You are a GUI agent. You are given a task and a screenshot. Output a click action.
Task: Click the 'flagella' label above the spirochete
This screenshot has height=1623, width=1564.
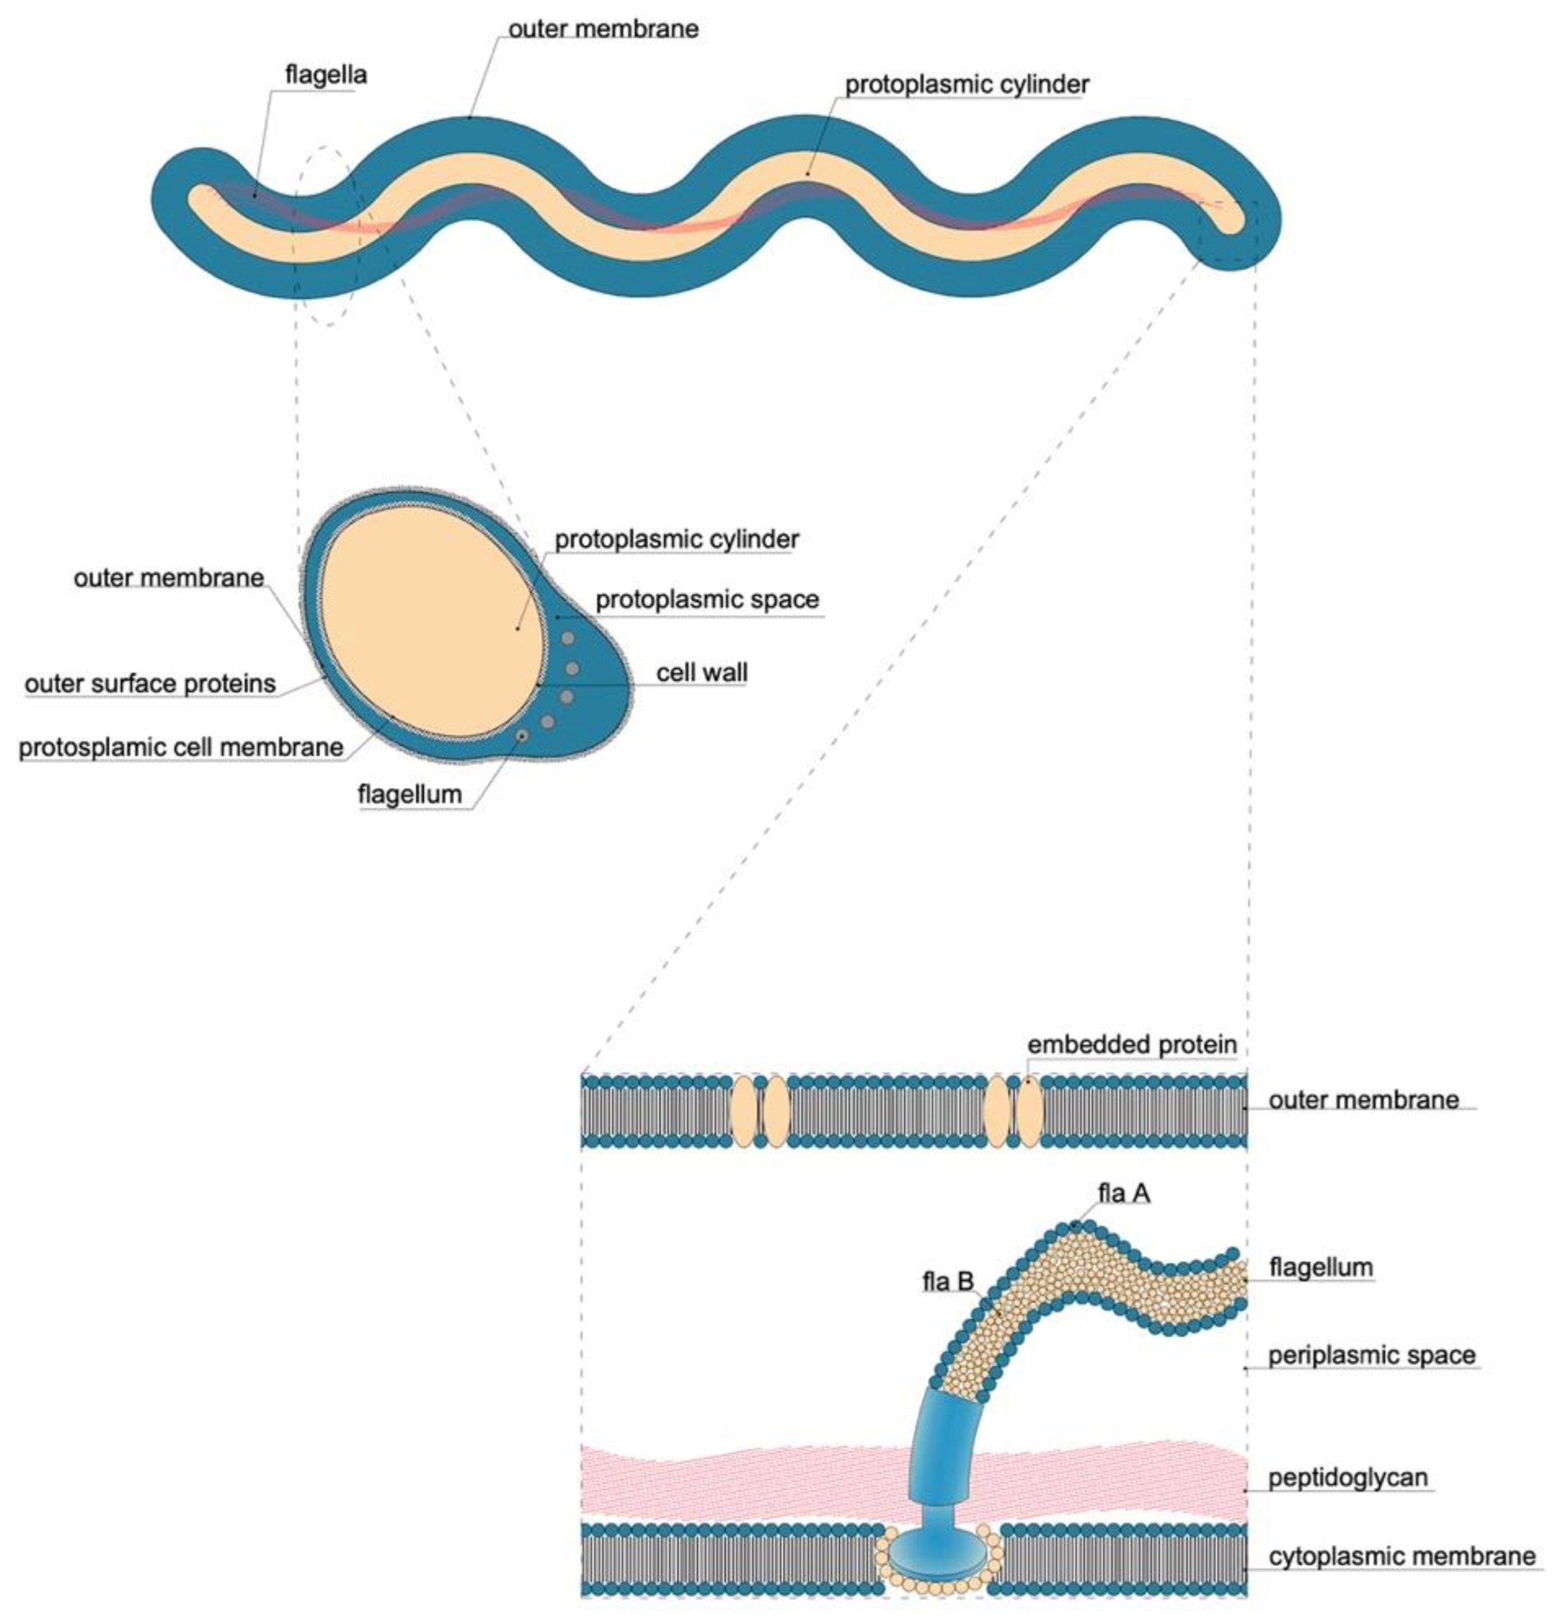[325, 75]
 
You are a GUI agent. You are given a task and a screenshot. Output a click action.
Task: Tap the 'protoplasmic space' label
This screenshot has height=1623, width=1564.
[707, 599]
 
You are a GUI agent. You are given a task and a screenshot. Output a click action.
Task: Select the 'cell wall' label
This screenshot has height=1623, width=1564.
[701, 673]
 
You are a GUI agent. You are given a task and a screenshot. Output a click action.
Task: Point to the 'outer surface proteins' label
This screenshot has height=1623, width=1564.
[150, 684]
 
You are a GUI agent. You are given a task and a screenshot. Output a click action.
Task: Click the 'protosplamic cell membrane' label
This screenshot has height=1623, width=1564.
[181, 747]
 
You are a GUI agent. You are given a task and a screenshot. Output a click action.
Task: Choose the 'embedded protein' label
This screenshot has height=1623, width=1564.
[1132, 1045]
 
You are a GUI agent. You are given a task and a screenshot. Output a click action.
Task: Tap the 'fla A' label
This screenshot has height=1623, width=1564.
[1123, 1193]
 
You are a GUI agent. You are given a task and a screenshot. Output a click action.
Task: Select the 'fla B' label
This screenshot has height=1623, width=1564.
[948, 1282]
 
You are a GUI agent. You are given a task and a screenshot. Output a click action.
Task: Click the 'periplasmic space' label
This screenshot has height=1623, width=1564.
[1371, 1356]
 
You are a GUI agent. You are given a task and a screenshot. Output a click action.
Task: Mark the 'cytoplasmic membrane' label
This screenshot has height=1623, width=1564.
[1402, 1556]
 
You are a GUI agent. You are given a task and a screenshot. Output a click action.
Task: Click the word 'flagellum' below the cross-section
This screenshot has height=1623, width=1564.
[409, 794]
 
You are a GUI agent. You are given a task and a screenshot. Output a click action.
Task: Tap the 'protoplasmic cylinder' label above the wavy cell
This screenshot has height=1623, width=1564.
[966, 84]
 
